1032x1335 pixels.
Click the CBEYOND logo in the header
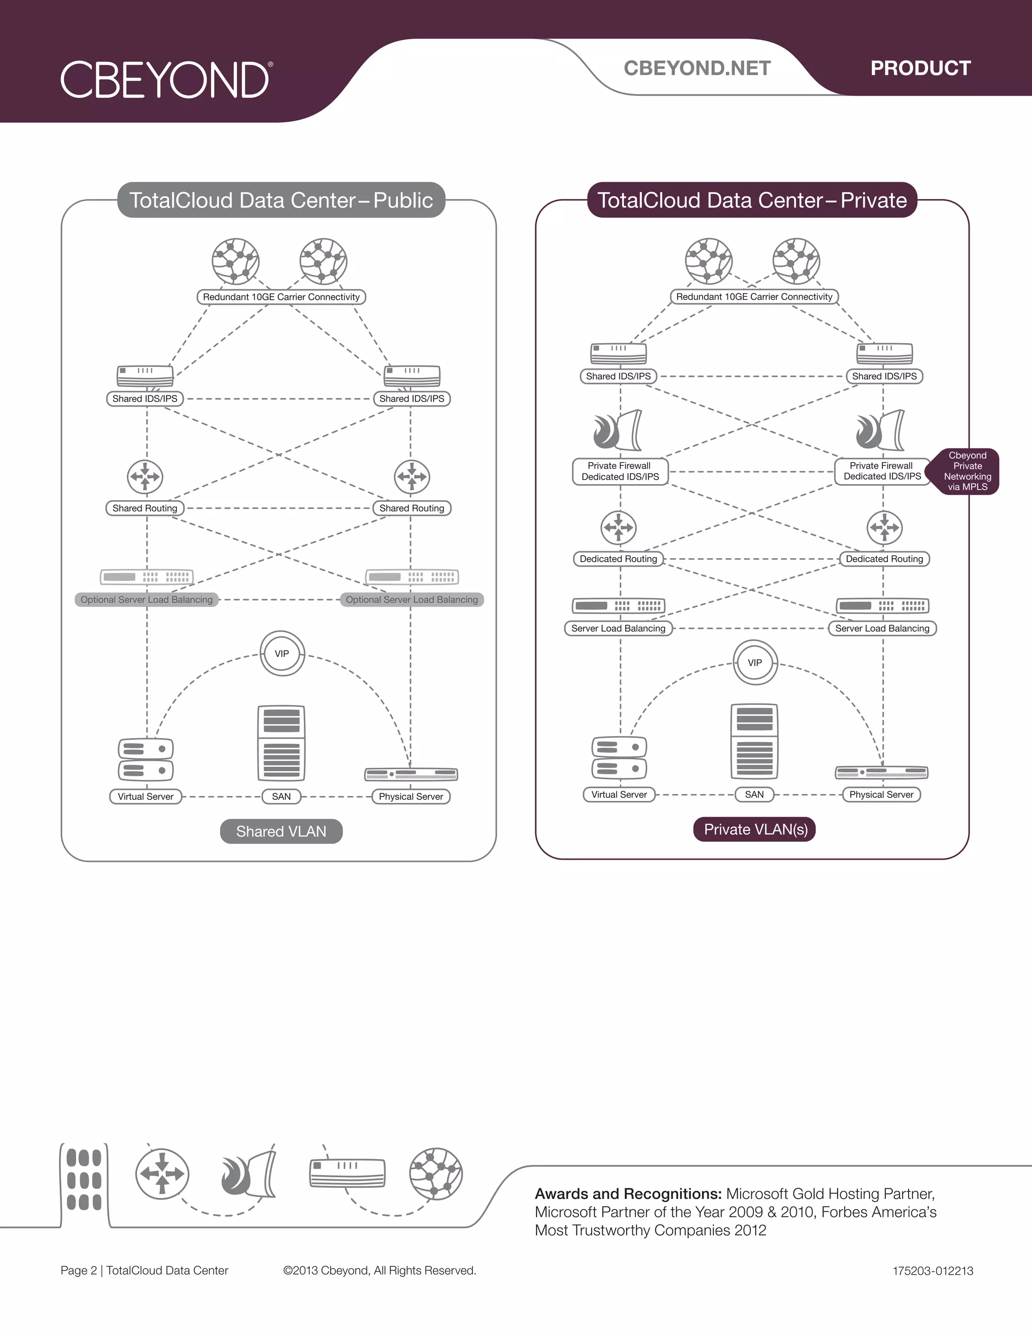[x=166, y=80]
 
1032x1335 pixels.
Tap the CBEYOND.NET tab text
[x=697, y=68]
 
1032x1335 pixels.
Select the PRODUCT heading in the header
[x=920, y=68]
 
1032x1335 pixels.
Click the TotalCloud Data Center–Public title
[x=281, y=200]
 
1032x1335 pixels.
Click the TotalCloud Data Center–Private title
[x=752, y=200]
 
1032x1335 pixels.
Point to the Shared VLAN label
[x=281, y=831]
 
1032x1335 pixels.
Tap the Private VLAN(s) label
[x=755, y=830]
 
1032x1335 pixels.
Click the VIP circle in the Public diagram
[x=282, y=653]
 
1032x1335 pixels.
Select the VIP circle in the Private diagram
[x=755, y=662]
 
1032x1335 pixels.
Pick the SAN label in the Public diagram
[x=281, y=796]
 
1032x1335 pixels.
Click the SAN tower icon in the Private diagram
[x=754, y=741]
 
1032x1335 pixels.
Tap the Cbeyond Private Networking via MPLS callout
[x=966, y=472]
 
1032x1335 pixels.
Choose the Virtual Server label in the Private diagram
[x=619, y=794]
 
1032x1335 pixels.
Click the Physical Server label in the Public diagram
[x=411, y=796]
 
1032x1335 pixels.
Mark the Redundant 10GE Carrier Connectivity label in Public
[x=281, y=297]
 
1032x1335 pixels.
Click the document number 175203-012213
[x=932, y=1271]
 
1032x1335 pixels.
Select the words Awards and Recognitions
[x=628, y=1194]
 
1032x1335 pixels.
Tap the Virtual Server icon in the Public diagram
[x=146, y=760]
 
